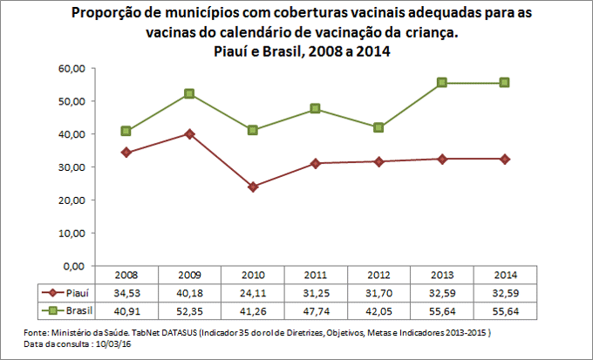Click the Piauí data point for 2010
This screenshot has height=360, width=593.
click(x=253, y=187)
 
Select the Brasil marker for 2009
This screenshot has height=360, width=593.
click(x=189, y=93)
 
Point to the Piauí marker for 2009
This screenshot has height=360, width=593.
click(x=189, y=133)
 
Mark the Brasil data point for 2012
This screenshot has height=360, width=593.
click(x=378, y=127)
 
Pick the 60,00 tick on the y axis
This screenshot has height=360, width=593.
click(x=72, y=68)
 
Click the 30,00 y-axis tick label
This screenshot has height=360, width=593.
click(x=72, y=166)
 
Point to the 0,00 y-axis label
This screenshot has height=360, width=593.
click(x=74, y=266)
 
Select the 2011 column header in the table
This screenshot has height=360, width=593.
click(x=316, y=275)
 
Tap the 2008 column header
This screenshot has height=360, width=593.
click(x=126, y=275)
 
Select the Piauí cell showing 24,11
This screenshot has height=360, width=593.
click(x=253, y=293)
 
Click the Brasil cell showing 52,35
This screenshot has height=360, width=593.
click(x=189, y=310)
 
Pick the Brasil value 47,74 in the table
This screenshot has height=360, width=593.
click(x=316, y=310)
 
